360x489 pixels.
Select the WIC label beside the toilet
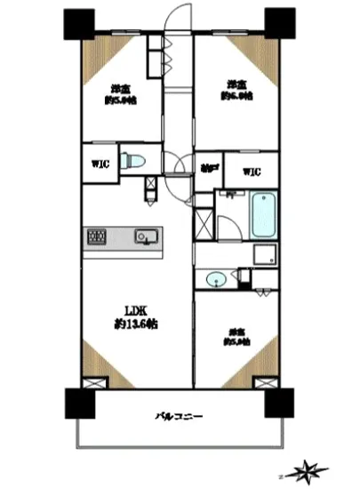(x=99, y=164)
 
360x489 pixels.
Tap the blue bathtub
(x=264, y=216)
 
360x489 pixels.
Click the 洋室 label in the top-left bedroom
(x=121, y=87)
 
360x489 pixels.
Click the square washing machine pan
(x=264, y=256)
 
